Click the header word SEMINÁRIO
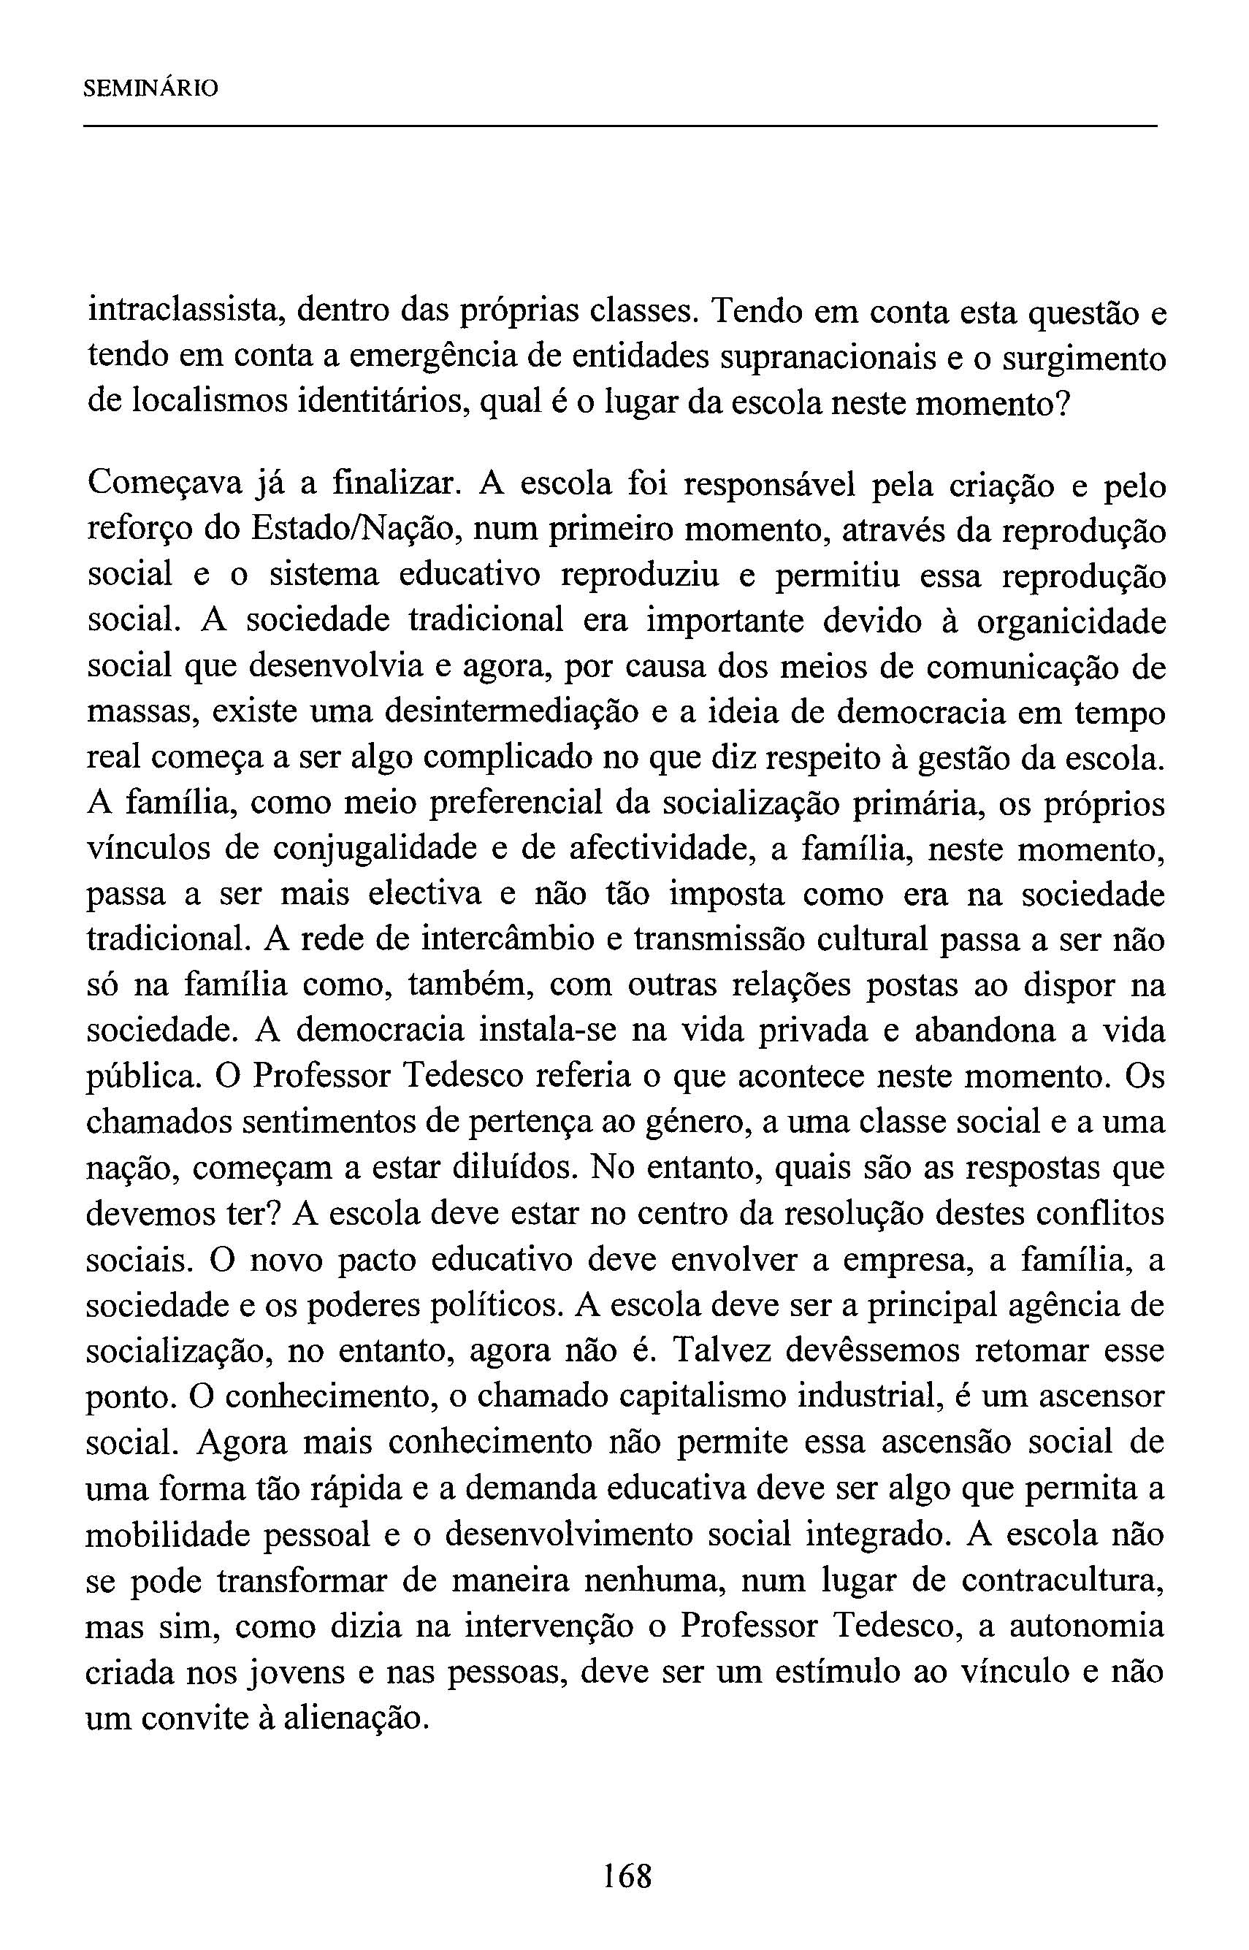[151, 88]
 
